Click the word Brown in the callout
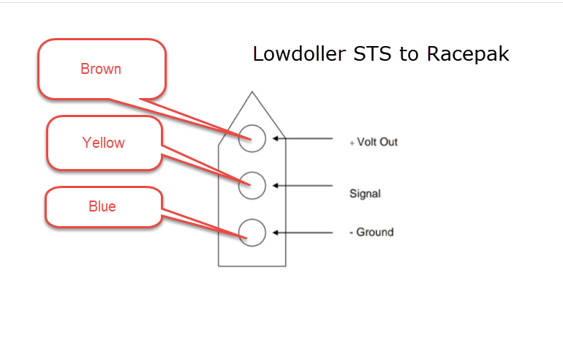[101, 69]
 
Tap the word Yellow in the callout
[103, 143]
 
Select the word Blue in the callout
[102, 206]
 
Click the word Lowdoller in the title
[299, 54]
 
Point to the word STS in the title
[372, 54]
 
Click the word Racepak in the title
[468, 55]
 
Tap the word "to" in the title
[409, 55]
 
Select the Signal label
[365, 194]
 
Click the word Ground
[375, 232]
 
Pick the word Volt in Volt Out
[366, 142]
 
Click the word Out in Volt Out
[388, 142]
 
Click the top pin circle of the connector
[252, 125]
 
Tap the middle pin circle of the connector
[252, 172]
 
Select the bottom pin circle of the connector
[252, 220]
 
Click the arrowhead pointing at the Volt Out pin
[276, 138]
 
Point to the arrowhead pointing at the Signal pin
[276, 186]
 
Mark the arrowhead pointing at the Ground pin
[276, 233]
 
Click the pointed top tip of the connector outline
[252, 92]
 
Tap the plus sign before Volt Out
[352, 143]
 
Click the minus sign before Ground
[351, 233]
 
